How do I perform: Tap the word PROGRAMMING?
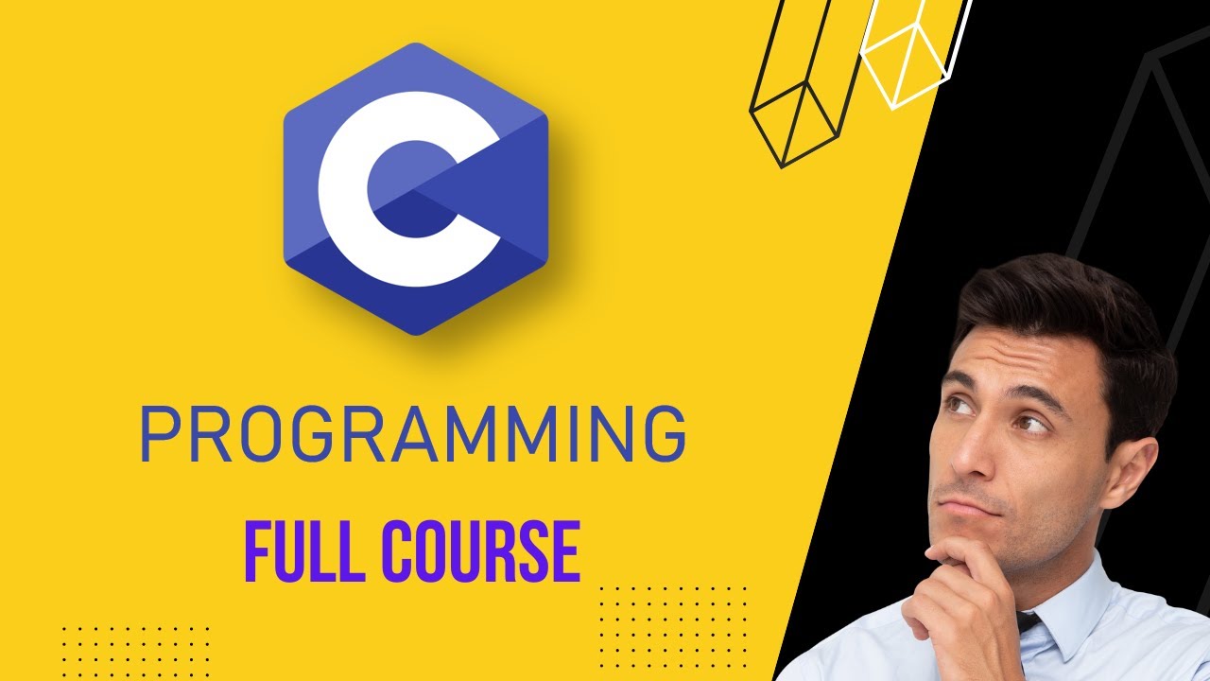click(x=413, y=435)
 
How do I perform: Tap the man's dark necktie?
click(x=1028, y=624)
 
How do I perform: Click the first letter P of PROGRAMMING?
click(x=160, y=435)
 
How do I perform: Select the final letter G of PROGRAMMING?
click(x=662, y=435)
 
